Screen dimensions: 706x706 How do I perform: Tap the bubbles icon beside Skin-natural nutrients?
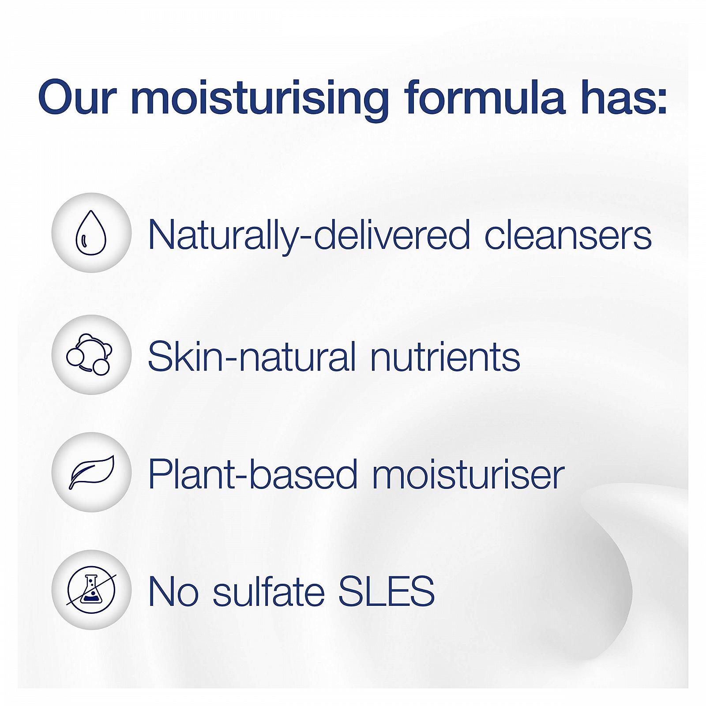click(90, 354)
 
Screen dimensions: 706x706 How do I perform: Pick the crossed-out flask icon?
click(91, 590)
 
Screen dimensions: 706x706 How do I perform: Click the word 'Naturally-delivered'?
click(309, 237)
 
